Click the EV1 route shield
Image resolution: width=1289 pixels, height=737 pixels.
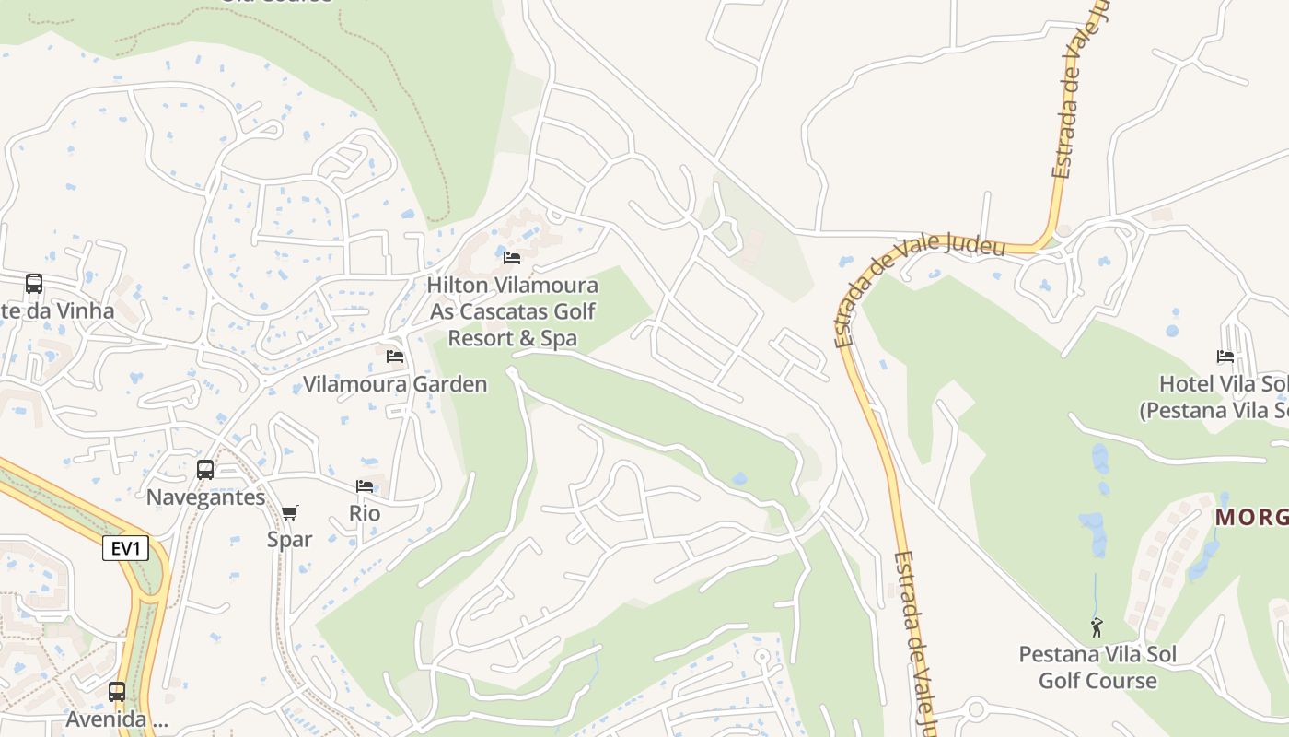125,549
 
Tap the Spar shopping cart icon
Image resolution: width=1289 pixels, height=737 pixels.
290,512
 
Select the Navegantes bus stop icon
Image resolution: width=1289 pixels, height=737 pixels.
205,469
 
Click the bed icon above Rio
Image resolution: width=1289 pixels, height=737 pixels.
365,485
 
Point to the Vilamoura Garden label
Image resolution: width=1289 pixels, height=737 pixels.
395,384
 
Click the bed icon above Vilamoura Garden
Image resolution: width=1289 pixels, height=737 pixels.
395,356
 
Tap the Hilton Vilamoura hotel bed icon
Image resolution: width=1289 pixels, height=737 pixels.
512,257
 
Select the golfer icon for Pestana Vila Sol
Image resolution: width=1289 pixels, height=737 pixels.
1097,627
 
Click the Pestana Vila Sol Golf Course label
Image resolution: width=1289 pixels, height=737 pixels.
1097,668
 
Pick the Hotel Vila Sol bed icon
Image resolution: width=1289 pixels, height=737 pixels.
1225,356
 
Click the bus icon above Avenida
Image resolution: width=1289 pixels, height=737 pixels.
117,691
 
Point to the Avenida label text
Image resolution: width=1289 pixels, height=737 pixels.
117,719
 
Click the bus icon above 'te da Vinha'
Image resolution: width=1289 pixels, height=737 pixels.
34,284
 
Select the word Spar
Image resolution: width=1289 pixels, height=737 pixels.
290,539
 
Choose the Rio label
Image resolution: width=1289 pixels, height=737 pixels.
365,513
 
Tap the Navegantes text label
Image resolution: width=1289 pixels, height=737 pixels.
205,497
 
